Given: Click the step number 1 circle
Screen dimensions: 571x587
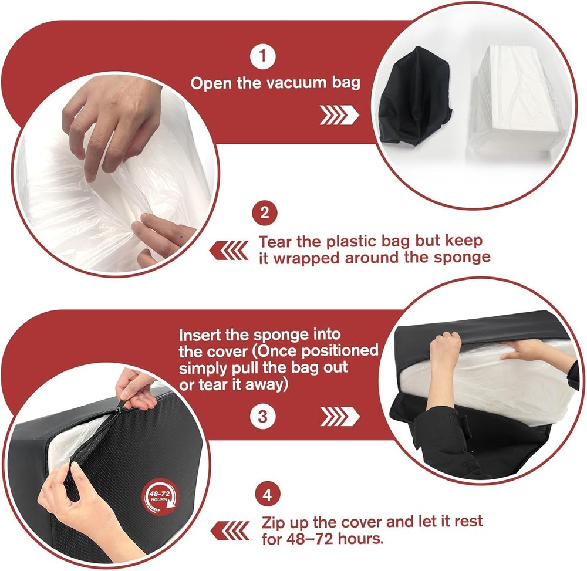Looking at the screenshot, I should click(x=262, y=57).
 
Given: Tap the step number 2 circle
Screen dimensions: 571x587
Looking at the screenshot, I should click(x=264, y=212).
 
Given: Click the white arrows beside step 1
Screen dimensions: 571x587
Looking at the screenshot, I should click(x=339, y=115).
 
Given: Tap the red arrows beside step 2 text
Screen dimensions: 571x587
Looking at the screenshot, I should click(x=229, y=251).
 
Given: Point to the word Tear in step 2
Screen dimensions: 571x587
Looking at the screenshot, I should click(x=277, y=241).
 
